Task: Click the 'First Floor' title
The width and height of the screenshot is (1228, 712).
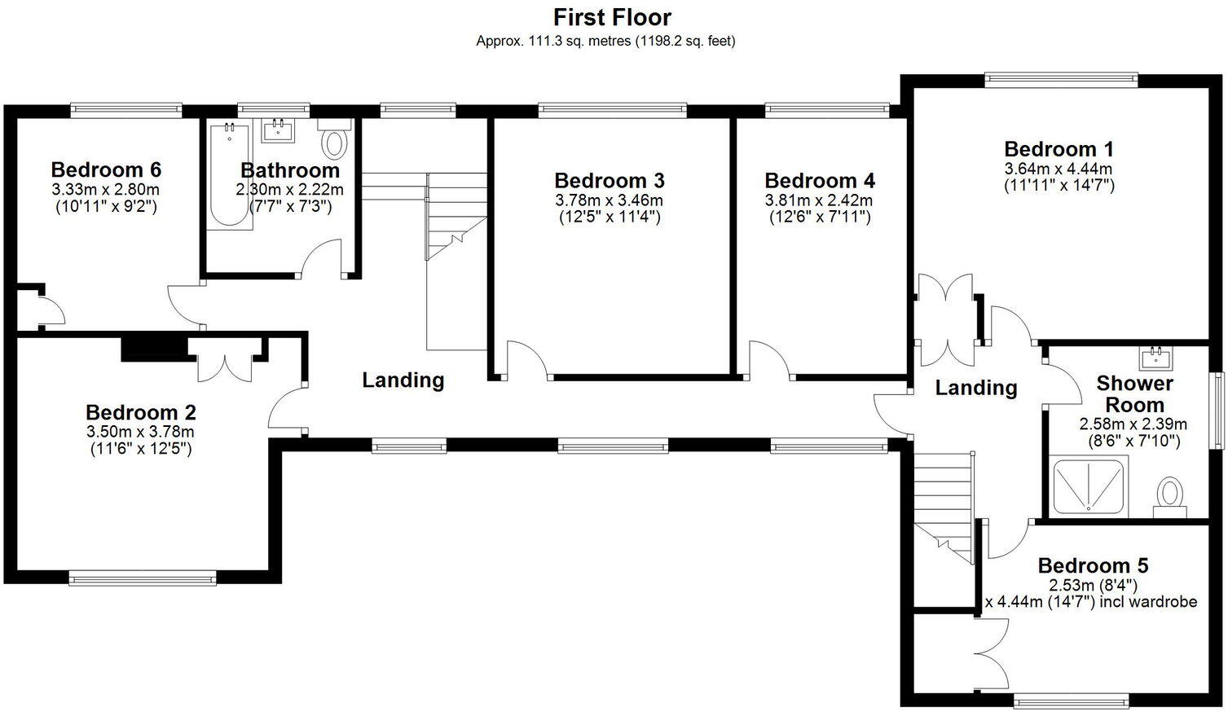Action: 612,16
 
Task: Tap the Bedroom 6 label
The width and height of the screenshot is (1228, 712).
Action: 106,169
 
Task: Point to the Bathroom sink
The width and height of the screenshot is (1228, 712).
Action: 278,130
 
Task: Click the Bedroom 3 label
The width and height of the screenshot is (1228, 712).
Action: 609,180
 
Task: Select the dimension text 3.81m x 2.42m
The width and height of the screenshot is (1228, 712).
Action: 818,200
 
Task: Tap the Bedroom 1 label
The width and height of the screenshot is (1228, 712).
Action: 1058,149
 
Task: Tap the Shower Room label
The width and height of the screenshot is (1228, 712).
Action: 1134,393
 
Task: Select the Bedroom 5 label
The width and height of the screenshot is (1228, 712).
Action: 1093,565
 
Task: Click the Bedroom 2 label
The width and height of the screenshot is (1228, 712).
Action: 140,412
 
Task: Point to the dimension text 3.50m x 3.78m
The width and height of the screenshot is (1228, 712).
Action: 140,432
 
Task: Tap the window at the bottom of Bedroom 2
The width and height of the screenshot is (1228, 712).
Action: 143,578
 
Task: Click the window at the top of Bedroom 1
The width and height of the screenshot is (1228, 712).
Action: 1060,80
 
